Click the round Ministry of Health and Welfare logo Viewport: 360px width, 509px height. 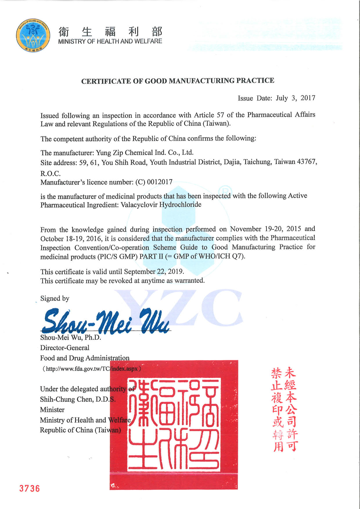(33, 35)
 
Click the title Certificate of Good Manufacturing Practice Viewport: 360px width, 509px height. (178, 81)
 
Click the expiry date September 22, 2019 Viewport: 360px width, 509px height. (154, 272)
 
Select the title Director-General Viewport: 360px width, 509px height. (65, 348)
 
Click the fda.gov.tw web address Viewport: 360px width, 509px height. (92, 369)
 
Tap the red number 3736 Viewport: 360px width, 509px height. (29, 488)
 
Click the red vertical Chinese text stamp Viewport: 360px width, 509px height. (284, 409)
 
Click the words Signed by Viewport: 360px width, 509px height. (55, 298)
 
